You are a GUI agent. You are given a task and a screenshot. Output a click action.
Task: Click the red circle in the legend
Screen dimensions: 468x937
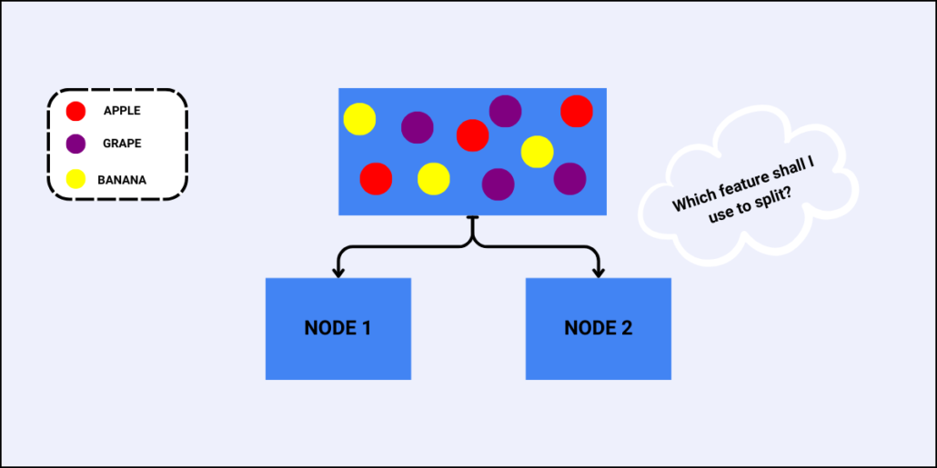coord(76,112)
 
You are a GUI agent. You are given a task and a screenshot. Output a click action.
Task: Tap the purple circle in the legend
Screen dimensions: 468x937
coord(76,144)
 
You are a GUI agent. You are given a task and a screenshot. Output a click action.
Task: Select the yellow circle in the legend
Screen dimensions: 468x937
coord(76,179)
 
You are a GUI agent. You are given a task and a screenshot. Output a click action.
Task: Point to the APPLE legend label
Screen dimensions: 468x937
coord(122,112)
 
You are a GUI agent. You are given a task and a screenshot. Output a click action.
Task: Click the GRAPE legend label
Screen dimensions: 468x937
coord(122,144)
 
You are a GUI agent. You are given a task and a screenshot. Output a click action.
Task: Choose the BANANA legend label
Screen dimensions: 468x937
coord(122,180)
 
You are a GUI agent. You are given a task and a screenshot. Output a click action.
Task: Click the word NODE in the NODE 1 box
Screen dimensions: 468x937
coord(329,328)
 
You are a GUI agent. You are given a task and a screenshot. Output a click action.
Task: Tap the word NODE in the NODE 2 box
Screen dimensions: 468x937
coord(589,328)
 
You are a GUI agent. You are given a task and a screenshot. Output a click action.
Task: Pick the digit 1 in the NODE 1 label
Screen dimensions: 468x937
coord(366,328)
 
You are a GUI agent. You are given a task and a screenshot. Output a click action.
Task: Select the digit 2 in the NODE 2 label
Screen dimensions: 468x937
coord(626,328)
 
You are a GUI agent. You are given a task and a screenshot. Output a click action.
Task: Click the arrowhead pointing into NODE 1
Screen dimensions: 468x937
coord(338,272)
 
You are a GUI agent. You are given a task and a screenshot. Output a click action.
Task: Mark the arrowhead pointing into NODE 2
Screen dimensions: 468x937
coord(599,272)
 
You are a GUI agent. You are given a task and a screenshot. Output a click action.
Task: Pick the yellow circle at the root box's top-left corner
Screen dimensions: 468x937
coord(359,119)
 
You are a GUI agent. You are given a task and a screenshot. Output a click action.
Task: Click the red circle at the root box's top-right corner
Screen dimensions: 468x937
coord(577,111)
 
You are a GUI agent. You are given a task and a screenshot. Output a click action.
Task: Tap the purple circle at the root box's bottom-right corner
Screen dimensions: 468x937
coord(569,178)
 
